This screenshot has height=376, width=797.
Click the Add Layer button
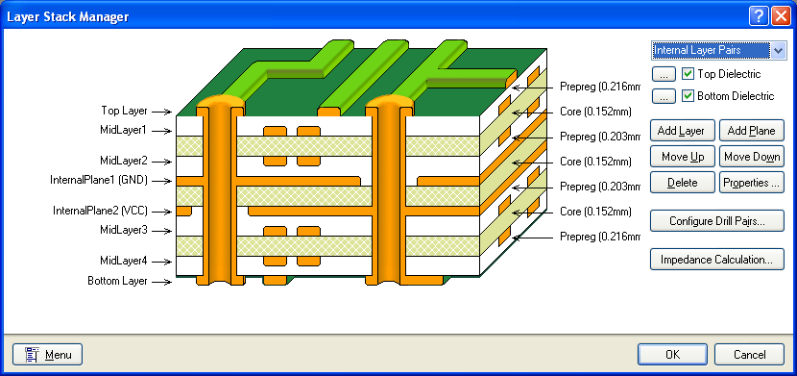coord(683,130)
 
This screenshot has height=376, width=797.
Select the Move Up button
coord(683,156)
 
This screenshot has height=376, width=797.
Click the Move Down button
coord(753,156)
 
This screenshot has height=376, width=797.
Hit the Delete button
coord(683,182)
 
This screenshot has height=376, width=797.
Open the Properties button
coord(753,182)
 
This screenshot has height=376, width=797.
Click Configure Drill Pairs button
coord(717,221)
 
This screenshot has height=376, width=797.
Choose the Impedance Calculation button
coord(717,260)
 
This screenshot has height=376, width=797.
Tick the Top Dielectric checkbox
coord(688,74)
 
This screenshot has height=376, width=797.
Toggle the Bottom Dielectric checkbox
coord(688,96)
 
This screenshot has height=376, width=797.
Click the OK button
coord(672,354)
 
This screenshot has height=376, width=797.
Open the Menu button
coord(48,354)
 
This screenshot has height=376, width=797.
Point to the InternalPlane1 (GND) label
coord(99,180)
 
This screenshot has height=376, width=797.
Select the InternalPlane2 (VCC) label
coord(99,211)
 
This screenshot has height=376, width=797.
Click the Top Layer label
coord(124,111)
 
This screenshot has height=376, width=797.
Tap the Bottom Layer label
coord(117,281)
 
